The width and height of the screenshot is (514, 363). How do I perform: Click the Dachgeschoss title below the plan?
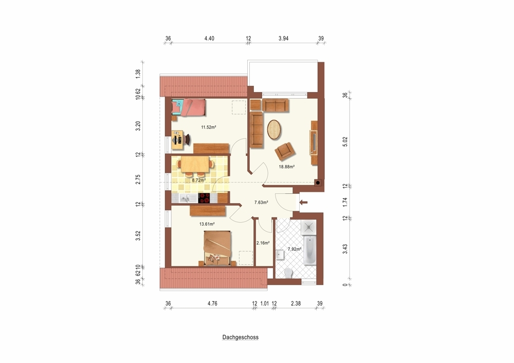click(x=240, y=337)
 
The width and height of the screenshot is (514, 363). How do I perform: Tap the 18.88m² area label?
click(x=286, y=167)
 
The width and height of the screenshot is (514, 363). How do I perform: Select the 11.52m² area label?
click(x=209, y=127)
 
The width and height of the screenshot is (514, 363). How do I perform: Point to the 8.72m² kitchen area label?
click(x=198, y=180)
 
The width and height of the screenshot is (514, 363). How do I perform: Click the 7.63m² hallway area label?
click(x=261, y=202)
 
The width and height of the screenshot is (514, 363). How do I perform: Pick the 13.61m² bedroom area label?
click(x=207, y=224)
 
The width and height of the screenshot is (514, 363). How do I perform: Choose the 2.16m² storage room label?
click(x=263, y=243)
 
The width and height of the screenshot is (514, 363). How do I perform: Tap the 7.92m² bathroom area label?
click(x=295, y=249)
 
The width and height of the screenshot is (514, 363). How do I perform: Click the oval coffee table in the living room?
click(x=274, y=130)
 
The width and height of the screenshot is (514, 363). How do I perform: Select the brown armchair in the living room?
click(x=285, y=152)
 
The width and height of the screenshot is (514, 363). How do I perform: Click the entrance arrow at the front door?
click(x=303, y=203)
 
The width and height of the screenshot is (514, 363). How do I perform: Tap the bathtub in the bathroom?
click(x=309, y=250)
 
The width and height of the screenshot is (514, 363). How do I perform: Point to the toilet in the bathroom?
click(x=288, y=273)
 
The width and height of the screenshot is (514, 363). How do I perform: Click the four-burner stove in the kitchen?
click(x=204, y=198)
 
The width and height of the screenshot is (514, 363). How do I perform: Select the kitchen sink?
click(x=184, y=198)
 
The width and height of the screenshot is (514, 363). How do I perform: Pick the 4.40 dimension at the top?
click(x=209, y=39)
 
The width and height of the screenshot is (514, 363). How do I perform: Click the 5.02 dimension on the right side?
click(x=345, y=141)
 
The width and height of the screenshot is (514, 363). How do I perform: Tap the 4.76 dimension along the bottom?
click(x=212, y=303)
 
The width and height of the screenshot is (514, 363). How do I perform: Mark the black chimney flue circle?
click(x=317, y=183)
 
